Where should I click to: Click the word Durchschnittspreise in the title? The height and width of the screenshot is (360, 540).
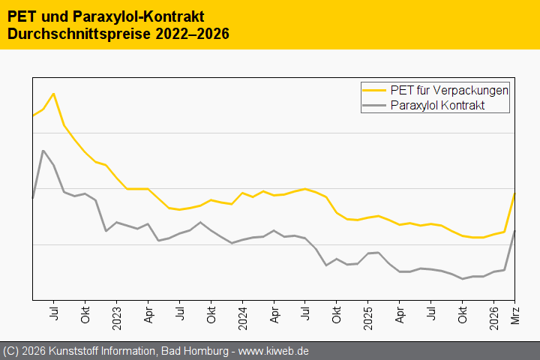tap(72, 34)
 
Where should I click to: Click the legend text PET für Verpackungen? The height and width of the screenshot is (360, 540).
tap(450, 90)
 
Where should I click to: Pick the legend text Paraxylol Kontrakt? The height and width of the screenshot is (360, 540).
tap(438, 106)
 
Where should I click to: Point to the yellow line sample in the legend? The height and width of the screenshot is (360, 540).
tap(375, 90)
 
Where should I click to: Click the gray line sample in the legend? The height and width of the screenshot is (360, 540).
tap(375, 106)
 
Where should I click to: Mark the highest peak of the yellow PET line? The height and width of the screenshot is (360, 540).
tap(53, 94)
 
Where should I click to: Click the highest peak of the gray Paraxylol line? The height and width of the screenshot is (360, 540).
tap(43, 151)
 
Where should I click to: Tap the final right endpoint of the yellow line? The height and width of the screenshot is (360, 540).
tap(514, 193)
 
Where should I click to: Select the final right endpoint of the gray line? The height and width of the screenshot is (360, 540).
tap(514, 230)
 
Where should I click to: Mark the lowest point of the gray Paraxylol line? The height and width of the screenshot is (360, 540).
tap(463, 279)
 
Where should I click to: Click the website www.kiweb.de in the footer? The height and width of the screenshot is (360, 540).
tap(274, 351)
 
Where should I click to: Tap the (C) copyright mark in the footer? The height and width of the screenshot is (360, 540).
tap(11, 351)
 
